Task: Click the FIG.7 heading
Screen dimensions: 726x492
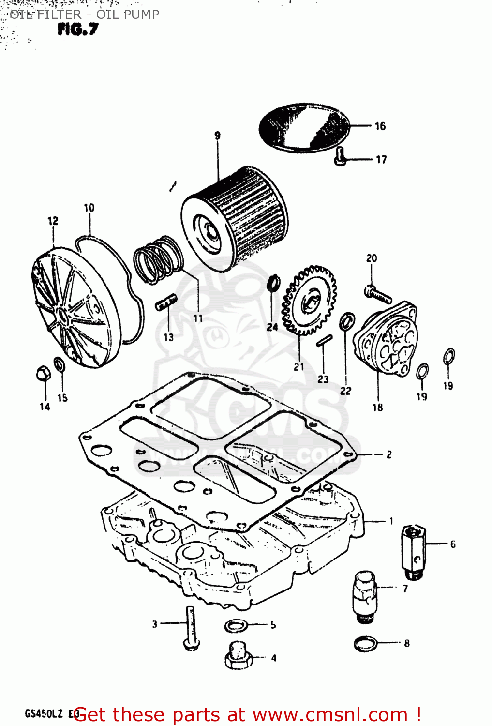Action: coord(77,30)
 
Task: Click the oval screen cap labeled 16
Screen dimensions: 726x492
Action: coord(304,127)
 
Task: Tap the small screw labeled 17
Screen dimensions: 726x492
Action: coord(341,156)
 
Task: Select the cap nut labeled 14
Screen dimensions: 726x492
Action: coord(43,374)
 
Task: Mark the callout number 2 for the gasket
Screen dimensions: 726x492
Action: coord(389,454)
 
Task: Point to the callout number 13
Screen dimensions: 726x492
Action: coord(168,337)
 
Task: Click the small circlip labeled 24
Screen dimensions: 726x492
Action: coord(273,284)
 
